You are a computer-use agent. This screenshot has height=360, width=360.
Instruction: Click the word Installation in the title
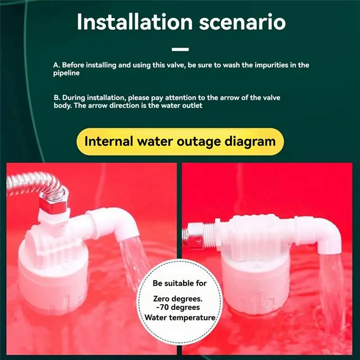pos(135,22)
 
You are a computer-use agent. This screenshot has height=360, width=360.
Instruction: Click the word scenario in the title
pos(243,22)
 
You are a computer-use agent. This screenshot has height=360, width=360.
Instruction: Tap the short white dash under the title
pos(180,49)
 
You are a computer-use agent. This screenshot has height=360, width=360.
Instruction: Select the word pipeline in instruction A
pos(66,73)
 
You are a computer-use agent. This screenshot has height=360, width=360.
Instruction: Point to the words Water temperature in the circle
pos(180,318)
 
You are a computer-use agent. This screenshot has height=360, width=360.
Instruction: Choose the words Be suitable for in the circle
pos(180,283)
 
